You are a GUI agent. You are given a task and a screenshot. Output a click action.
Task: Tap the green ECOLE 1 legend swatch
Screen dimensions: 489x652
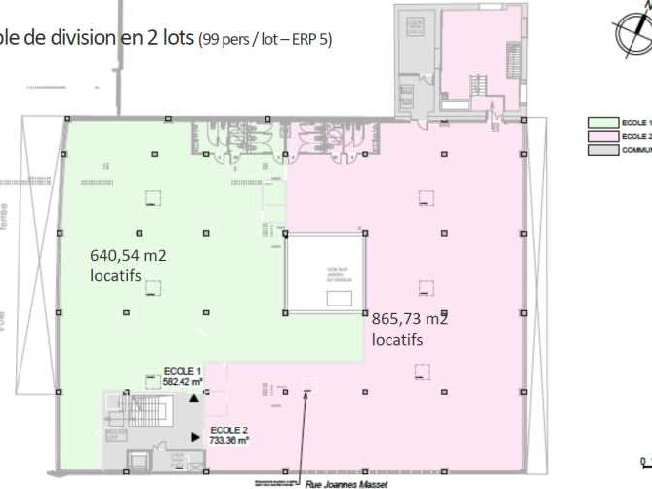click(602, 123)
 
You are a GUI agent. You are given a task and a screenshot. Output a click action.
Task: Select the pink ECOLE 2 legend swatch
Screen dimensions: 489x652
click(602, 137)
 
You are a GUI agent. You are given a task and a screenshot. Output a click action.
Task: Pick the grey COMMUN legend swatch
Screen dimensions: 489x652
click(602, 150)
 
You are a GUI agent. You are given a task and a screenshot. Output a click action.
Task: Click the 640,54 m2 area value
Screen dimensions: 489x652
click(129, 256)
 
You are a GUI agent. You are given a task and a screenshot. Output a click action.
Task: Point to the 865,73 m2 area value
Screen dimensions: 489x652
click(410, 318)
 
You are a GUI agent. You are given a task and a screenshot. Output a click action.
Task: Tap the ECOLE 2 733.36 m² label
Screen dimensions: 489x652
click(228, 435)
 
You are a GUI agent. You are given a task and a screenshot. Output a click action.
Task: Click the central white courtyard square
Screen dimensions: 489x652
click(325, 275)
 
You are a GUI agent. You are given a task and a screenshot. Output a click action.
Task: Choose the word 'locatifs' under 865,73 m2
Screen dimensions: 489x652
click(398, 339)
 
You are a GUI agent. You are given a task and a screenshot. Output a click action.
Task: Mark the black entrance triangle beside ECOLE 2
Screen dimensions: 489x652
click(198, 436)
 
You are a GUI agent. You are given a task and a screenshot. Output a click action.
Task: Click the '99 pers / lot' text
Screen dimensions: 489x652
click(240, 41)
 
